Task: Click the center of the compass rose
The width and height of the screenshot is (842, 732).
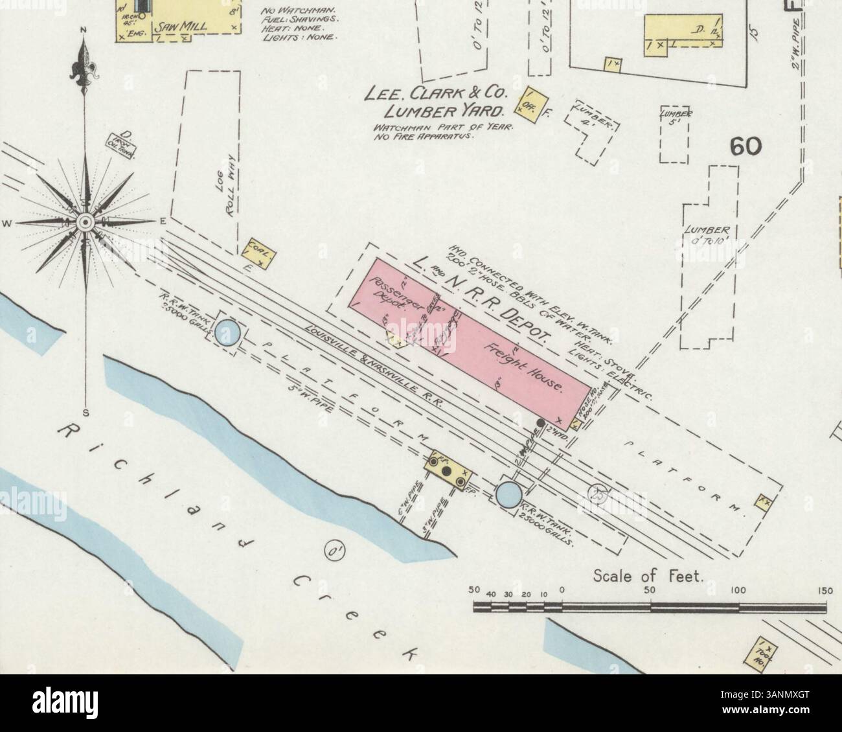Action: [84, 222]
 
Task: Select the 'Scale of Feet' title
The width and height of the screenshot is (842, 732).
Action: [648, 575]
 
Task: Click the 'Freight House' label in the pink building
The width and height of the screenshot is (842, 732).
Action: [525, 367]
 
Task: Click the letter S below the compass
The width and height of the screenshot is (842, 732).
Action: [85, 413]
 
